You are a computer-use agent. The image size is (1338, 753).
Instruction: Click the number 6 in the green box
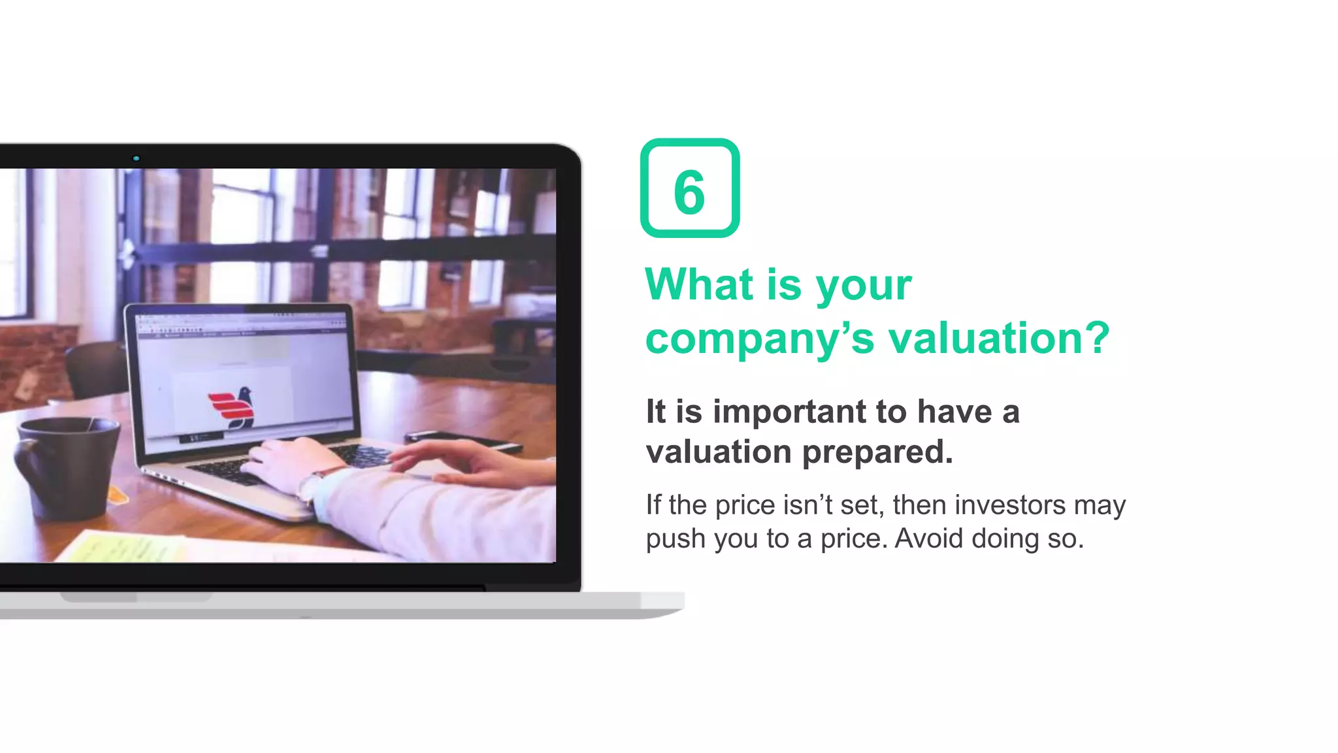(x=689, y=192)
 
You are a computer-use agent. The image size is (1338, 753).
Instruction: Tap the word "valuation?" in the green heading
(x=999, y=339)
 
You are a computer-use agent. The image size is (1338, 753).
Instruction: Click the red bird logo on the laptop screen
(x=232, y=407)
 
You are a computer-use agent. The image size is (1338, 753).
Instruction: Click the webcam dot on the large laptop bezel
(x=136, y=158)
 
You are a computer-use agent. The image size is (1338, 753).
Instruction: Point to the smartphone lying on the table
(x=461, y=440)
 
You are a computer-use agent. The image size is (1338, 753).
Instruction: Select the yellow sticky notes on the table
(x=124, y=546)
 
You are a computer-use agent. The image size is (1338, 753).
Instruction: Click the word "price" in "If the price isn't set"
(x=745, y=506)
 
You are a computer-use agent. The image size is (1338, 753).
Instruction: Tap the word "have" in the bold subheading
(x=954, y=412)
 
